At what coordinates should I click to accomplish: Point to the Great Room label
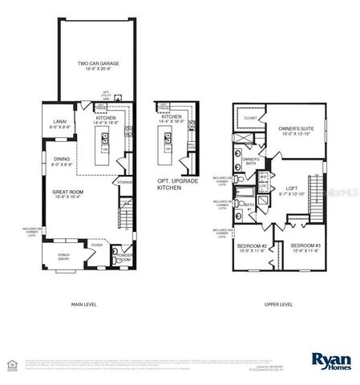[70, 193]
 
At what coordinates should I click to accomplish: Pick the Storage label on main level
[124, 182]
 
